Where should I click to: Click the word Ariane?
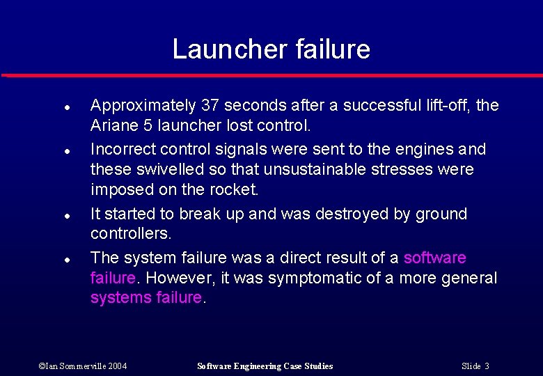(x=111, y=126)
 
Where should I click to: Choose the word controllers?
(x=131, y=234)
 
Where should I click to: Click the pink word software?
(x=435, y=258)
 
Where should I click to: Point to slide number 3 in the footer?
(x=487, y=366)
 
